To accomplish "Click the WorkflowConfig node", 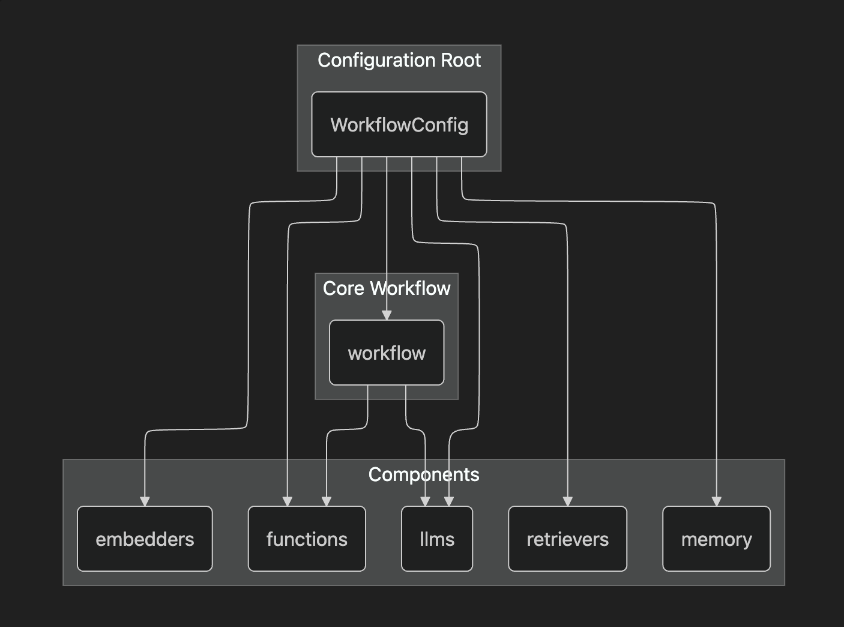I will coord(399,124).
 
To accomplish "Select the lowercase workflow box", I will coord(387,353).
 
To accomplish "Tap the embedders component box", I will coord(145,539).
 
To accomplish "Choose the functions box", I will coord(307,539).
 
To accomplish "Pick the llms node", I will coord(437,539).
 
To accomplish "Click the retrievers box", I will coord(567,539).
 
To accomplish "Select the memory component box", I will coord(716,539).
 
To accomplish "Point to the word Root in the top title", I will coord(461,60).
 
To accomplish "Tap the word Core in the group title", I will coord(343,288).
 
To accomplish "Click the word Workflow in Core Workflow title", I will coord(410,288).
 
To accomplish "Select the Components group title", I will coord(424,474).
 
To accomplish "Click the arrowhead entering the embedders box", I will coord(145,501).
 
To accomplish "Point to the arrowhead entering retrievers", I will coord(567,501).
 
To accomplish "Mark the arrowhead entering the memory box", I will coord(716,501).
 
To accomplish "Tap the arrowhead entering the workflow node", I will coord(387,315).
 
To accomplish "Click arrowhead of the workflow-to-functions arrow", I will coord(327,501).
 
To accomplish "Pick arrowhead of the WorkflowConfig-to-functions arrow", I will coord(288,501).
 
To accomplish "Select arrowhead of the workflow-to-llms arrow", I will coord(426,501).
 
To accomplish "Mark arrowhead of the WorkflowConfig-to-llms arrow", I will coord(448,501).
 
